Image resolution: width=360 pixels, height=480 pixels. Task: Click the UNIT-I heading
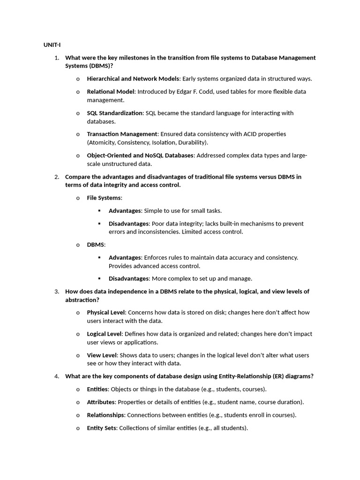coord(52,45)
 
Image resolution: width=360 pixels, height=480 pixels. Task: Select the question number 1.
coord(56,58)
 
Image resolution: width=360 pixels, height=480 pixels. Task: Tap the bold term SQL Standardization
coord(115,113)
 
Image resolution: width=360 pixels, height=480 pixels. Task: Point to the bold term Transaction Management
coord(122,134)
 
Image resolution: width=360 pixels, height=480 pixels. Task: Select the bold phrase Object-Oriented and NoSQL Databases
coord(140,155)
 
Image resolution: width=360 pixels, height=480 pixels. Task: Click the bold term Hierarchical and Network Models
coord(133,79)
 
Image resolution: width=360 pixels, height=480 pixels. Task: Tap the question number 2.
coord(56,177)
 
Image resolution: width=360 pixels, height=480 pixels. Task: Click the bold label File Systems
coord(104,198)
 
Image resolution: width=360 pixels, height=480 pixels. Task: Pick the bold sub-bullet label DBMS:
coord(96,245)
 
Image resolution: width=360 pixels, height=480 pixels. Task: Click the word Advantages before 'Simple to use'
coord(125,210)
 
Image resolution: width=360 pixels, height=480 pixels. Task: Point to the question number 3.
coord(56,292)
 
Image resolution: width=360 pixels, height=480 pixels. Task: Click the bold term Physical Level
coord(106,312)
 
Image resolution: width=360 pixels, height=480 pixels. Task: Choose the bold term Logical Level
coord(105,334)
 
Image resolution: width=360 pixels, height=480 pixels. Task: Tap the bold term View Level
coord(100,355)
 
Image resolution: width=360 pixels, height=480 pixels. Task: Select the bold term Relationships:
coord(106,415)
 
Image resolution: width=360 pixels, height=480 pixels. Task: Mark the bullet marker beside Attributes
coord(78,402)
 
